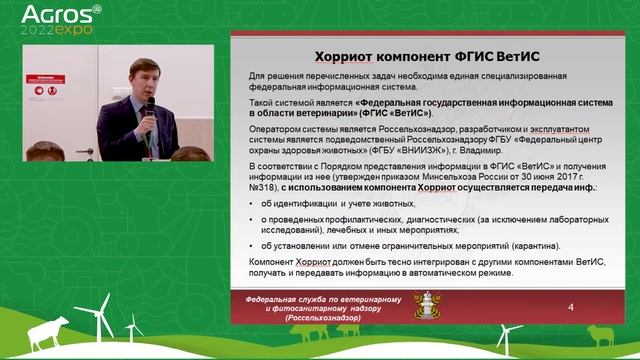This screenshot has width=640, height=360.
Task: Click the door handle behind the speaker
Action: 89,151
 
